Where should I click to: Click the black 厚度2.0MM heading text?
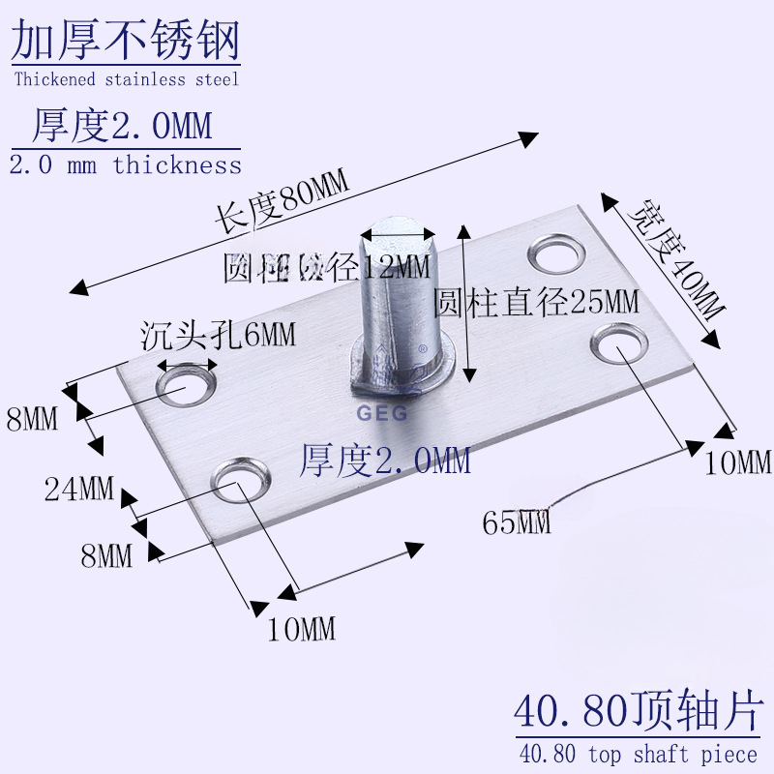[123, 127]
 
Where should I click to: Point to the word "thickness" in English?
[177, 165]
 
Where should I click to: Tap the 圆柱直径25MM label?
[537, 303]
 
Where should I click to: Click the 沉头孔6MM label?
[218, 335]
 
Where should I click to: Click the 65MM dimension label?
[517, 523]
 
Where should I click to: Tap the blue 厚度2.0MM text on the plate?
[385, 459]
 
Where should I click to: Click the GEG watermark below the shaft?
[383, 411]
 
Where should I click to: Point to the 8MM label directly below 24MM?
[106, 556]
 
